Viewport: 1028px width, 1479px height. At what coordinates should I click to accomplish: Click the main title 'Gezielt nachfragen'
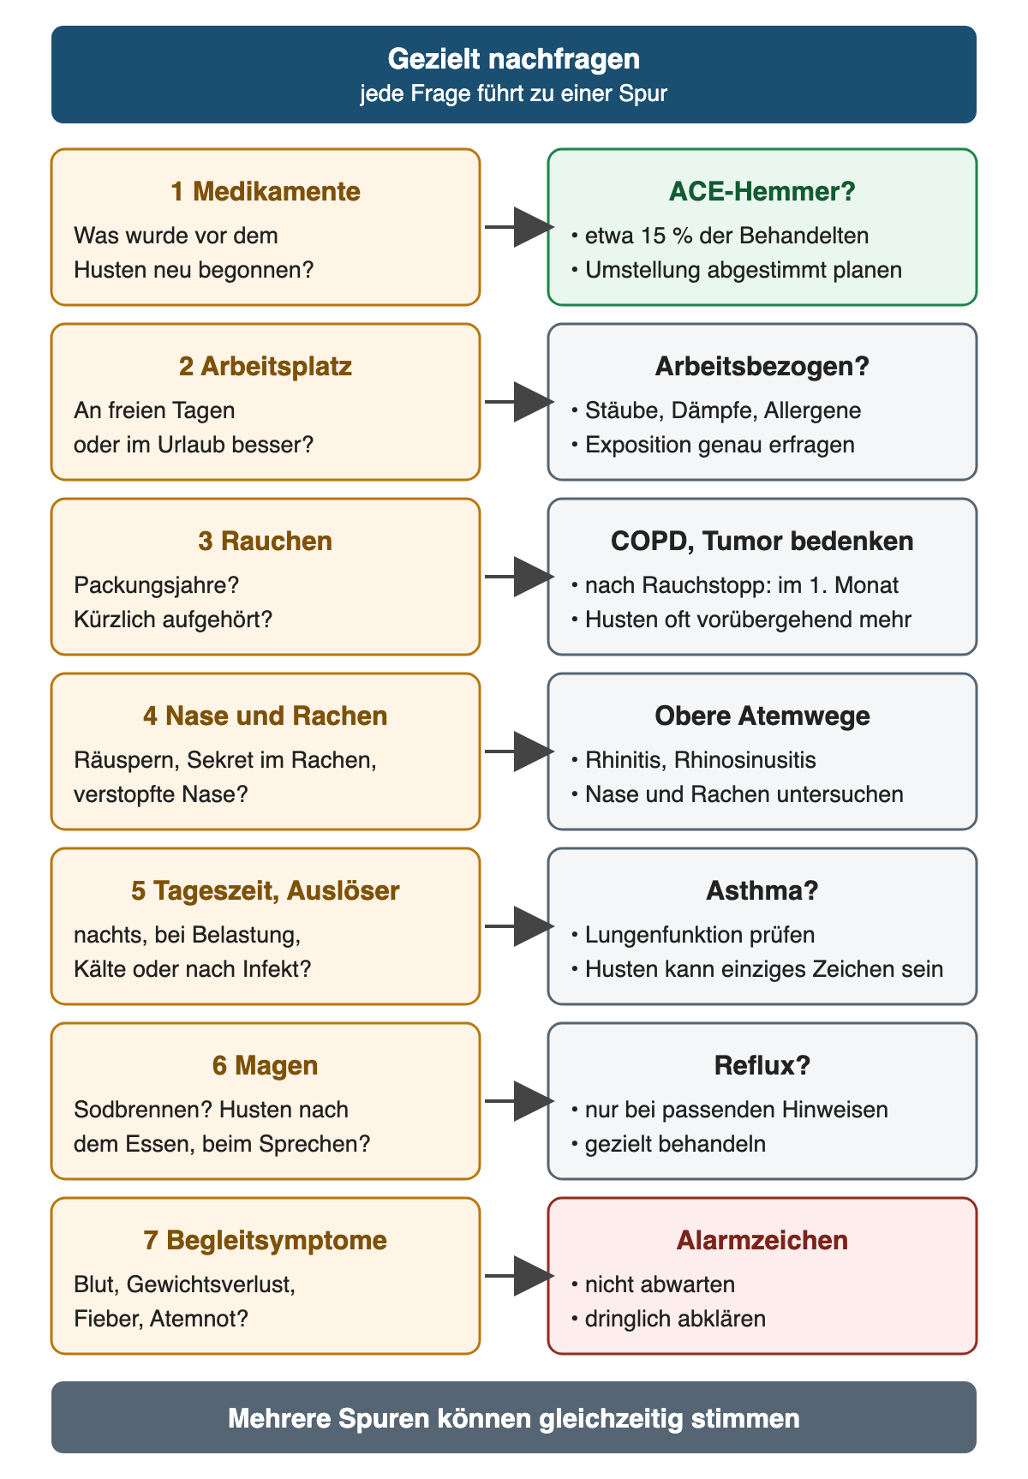point(514,59)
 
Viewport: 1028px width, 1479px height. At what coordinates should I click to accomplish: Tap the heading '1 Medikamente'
point(266,191)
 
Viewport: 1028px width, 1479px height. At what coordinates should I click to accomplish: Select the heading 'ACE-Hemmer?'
point(762,191)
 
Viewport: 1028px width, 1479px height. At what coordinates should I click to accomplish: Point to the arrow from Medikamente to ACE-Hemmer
point(519,227)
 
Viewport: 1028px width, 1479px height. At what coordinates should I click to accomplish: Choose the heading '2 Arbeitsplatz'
point(266,366)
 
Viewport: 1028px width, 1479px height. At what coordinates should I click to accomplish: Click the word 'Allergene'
point(813,410)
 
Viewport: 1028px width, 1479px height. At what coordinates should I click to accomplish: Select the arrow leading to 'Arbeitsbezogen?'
point(519,402)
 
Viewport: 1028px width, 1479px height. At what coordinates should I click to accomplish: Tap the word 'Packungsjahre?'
point(157,585)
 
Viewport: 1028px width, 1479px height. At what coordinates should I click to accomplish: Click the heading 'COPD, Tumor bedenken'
point(762,541)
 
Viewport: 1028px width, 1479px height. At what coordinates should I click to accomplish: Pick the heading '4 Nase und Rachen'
point(266,716)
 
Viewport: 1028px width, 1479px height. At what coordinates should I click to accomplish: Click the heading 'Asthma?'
point(762,890)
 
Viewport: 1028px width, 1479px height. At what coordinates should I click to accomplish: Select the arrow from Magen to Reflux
point(519,1101)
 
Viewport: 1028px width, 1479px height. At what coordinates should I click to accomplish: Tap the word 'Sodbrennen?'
point(143,1110)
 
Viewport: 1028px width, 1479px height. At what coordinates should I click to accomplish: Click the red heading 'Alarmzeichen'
point(762,1240)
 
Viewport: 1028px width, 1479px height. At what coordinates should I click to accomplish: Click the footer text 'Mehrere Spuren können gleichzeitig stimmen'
point(514,1418)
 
